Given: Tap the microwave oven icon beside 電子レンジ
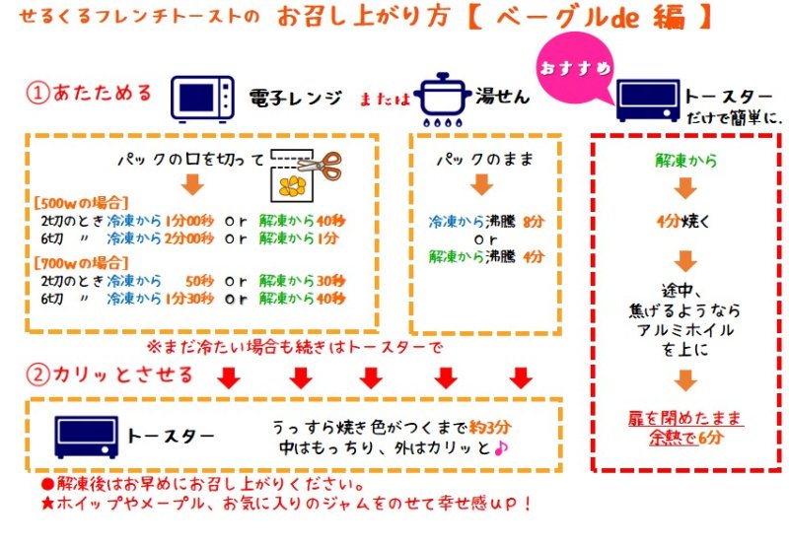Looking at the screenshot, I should (203, 97).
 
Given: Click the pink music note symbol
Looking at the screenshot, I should (500, 448).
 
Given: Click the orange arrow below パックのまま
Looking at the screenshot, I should (480, 184).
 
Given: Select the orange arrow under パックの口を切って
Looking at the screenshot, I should (194, 184).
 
